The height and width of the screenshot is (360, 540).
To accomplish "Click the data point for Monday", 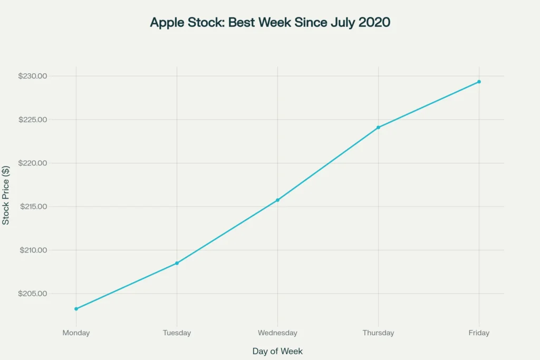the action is coord(76,309).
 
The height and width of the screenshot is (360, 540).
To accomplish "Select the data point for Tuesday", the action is coord(177,264).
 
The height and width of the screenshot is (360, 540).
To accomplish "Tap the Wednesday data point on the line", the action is coord(277,200).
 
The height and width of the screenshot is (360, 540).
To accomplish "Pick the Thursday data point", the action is coord(378,128).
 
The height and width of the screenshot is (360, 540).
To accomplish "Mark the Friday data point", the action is coord(479,82).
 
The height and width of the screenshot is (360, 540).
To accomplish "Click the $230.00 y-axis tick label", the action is coord(33,76).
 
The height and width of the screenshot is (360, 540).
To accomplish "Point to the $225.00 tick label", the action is coord(33,120).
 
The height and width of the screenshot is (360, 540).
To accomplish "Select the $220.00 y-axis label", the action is coord(33,163).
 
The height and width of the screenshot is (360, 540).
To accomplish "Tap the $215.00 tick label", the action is coord(33,207).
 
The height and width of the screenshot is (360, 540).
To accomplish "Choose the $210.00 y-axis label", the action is coord(33,250).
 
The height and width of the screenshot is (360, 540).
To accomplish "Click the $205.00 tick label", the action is coord(33,294).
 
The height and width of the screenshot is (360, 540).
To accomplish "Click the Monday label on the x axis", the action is coord(76,333).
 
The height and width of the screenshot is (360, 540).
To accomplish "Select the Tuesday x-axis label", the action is coord(177,333).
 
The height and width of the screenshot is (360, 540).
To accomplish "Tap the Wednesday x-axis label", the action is coord(277,333).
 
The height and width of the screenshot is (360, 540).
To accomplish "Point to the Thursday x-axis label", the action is coord(378,333).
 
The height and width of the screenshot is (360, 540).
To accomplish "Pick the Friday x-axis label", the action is coord(479,333).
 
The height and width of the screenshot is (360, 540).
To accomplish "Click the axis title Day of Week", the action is coord(277,351).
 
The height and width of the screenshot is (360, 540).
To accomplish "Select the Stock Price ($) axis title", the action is coord(5,196).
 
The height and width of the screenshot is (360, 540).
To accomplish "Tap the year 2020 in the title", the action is coord(374,22).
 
